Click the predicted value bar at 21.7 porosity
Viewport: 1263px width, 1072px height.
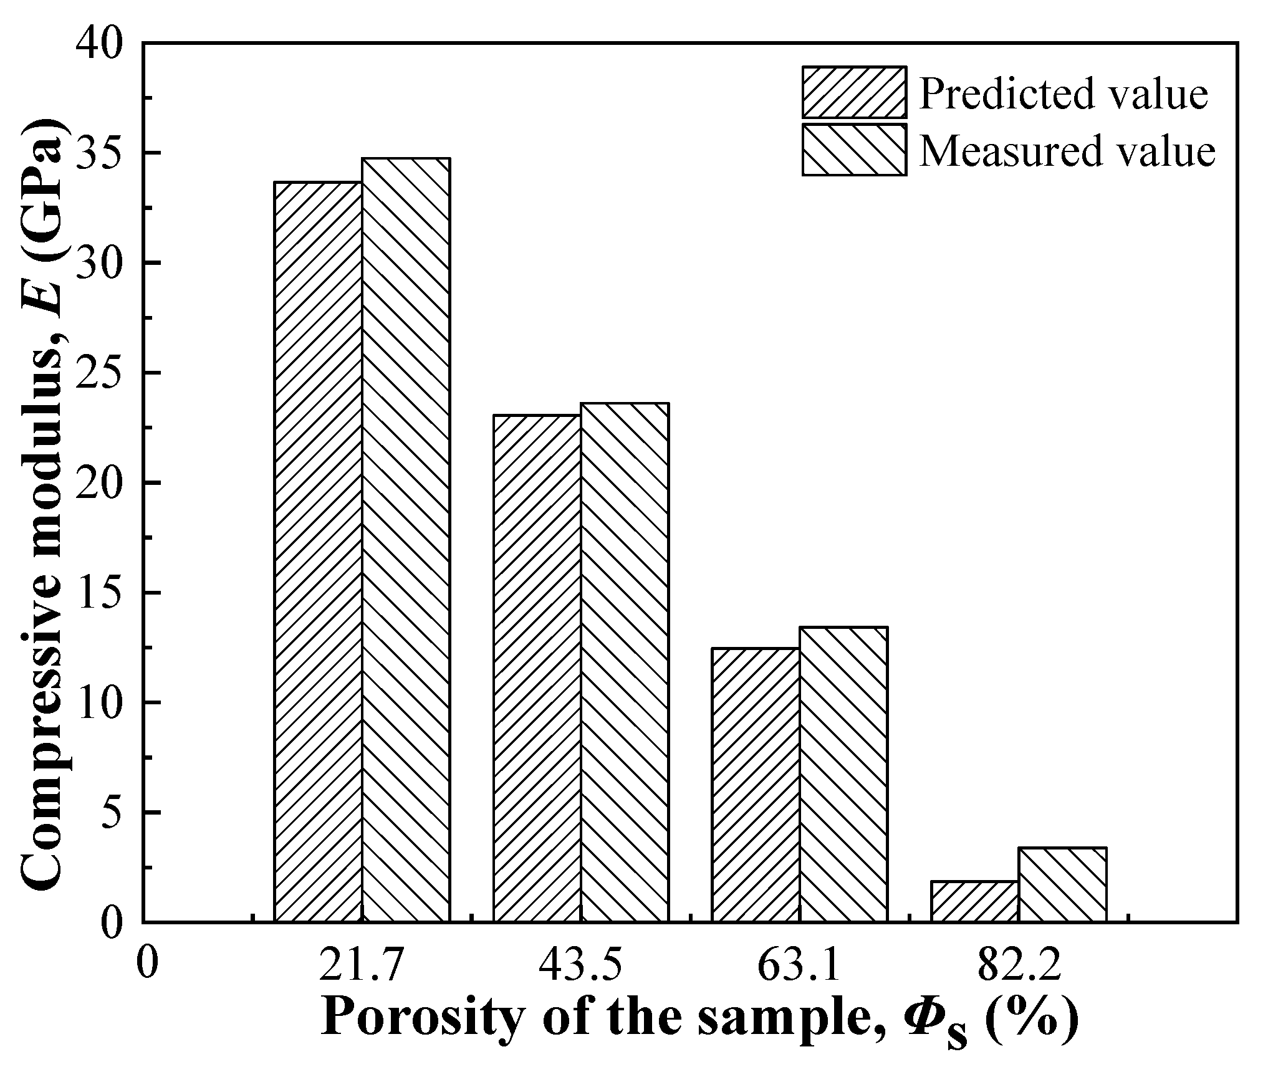click(x=318, y=552)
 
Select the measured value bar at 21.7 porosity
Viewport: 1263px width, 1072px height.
click(x=406, y=540)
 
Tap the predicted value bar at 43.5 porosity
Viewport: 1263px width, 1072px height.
click(x=537, y=668)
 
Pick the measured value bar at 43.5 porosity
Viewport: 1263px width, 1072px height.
click(x=625, y=662)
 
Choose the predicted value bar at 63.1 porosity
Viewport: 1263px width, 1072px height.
click(x=756, y=785)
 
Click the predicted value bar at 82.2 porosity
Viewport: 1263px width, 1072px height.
click(x=974, y=901)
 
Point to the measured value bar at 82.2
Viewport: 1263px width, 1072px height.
click(x=1062, y=884)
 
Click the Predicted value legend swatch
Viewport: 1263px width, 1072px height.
click(x=854, y=92)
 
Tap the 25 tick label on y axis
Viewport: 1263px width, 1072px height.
click(x=99, y=373)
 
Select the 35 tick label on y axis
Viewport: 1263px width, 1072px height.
click(x=99, y=153)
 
